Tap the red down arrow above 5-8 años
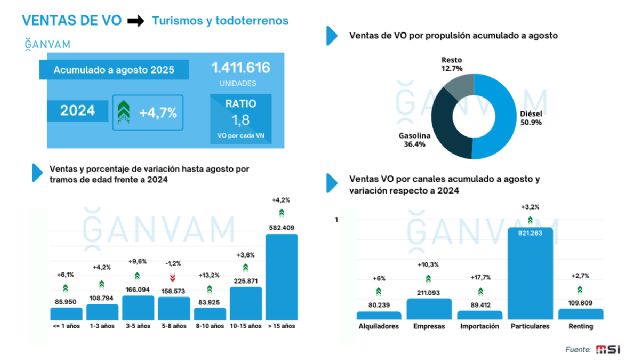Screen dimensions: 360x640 [x=173, y=277]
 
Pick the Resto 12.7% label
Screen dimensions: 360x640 [x=452, y=65]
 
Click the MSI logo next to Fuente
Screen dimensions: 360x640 [x=608, y=348]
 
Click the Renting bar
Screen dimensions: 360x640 [x=581, y=312]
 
